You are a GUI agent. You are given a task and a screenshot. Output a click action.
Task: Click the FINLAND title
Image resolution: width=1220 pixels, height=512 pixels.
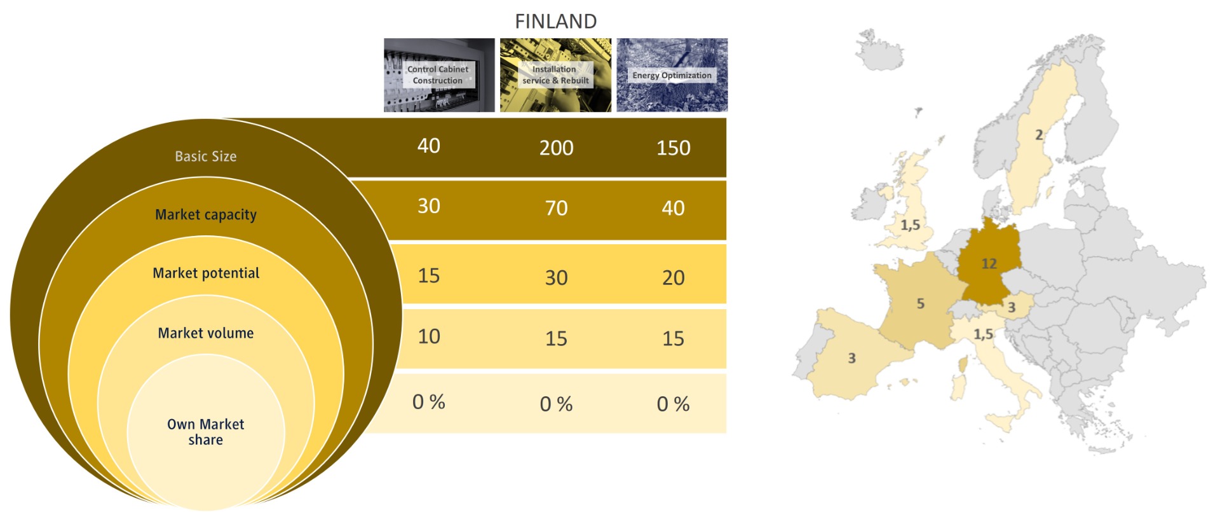click(x=555, y=22)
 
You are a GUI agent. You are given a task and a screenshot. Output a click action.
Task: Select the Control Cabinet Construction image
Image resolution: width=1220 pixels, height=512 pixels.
click(x=439, y=75)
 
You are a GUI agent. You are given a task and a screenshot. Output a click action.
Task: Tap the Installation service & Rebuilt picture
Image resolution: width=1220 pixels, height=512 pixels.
click(x=555, y=75)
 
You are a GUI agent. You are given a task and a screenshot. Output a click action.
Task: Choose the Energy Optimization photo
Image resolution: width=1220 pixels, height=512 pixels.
click(x=672, y=75)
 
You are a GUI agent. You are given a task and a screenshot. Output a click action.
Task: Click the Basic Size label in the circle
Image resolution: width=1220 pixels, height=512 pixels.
click(x=206, y=156)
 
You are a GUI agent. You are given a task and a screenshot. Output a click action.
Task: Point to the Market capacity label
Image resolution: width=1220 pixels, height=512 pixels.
click(x=206, y=215)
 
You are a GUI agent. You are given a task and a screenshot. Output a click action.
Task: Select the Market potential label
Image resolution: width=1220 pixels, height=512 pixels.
click(x=206, y=273)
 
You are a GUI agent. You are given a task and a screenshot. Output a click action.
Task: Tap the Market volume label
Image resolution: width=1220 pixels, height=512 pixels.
click(x=206, y=333)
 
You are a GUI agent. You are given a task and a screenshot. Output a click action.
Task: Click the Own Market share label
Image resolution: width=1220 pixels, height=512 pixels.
click(x=206, y=432)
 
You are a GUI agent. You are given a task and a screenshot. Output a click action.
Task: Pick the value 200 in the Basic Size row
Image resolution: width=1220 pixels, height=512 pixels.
click(x=557, y=148)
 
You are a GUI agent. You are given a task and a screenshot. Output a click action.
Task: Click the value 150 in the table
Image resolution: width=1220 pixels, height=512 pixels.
click(x=674, y=148)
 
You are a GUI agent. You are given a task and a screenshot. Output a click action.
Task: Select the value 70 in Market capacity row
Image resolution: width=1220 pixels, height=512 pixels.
click(x=557, y=208)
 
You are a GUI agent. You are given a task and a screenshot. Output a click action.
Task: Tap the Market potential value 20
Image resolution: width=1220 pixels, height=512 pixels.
click(x=674, y=278)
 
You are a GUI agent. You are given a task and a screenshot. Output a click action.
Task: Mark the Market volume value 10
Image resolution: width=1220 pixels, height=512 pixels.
click(x=429, y=336)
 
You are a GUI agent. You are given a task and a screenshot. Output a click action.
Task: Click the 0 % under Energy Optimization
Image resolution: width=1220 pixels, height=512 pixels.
click(x=674, y=404)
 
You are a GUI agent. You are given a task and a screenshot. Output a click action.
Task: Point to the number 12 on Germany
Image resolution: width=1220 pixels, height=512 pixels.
click(x=989, y=263)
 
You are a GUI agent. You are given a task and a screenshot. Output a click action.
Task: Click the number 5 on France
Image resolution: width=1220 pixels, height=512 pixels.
click(x=921, y=304)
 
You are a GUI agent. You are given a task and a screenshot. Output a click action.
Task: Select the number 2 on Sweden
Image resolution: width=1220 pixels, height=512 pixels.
click(x=1039, y=135)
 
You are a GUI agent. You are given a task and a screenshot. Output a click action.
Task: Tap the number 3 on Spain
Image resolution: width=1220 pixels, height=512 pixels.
click(x=852, y=359)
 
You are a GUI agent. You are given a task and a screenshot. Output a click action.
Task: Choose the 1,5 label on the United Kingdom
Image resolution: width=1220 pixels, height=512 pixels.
click(x=911, y=225)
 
